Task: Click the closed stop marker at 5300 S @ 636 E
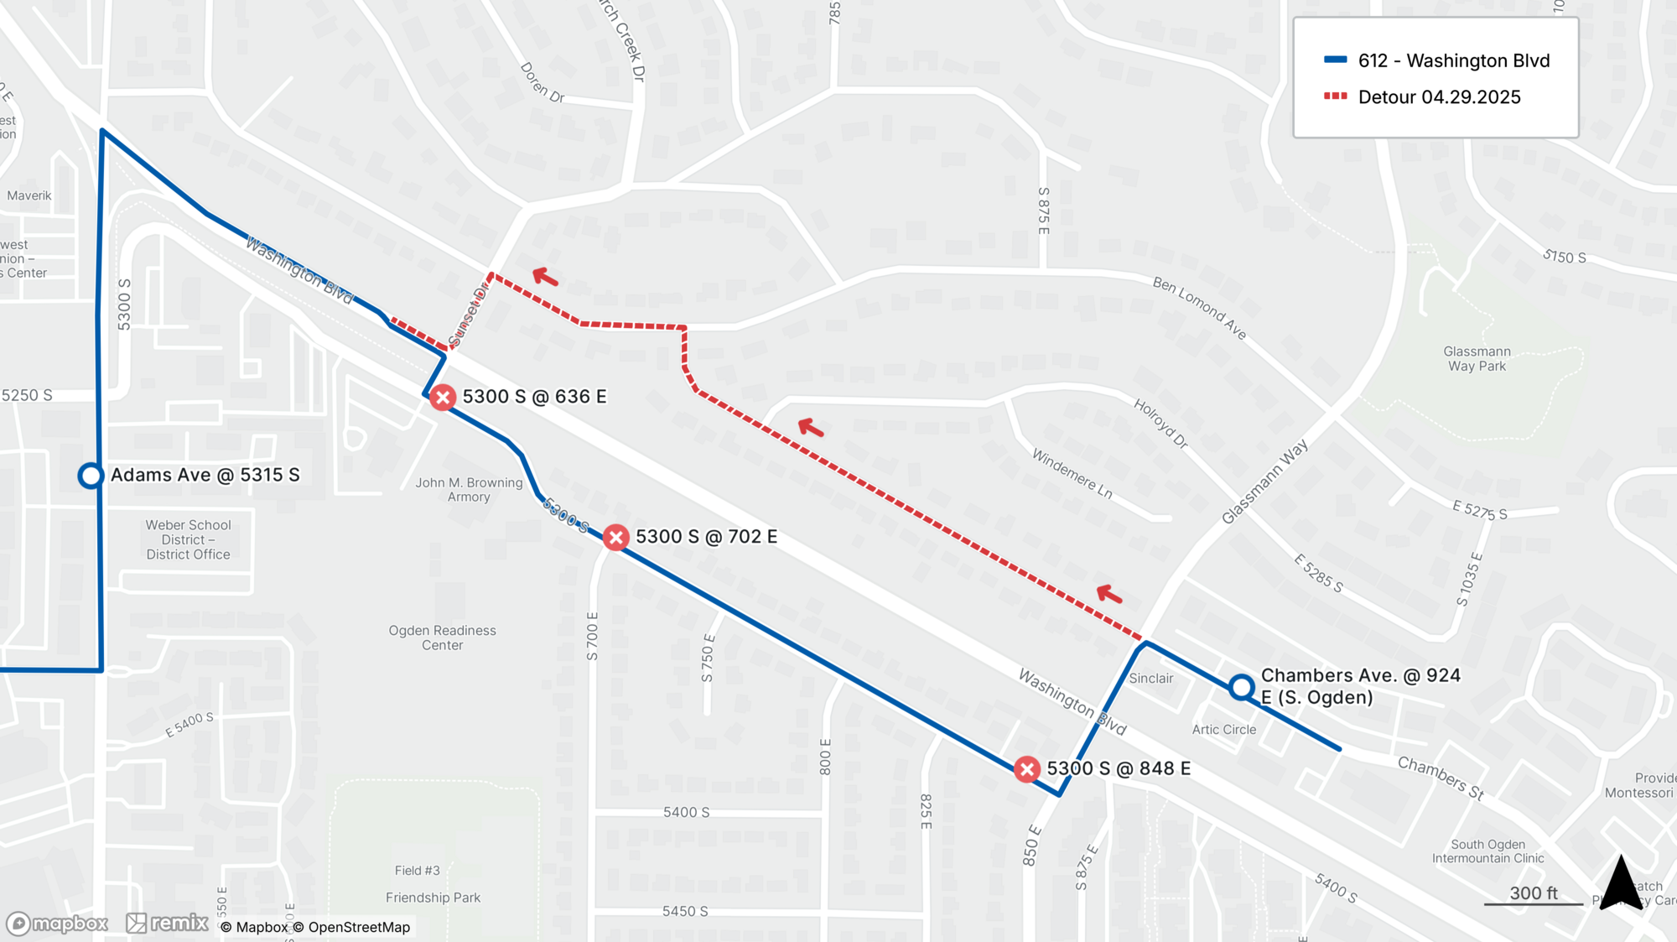click(443, 397)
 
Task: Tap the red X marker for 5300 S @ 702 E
click(616, 537)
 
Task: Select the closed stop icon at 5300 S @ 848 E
click(1026, 769)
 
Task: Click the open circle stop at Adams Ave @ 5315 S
click(91, 476)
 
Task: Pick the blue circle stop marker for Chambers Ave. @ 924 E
click(1241, 688)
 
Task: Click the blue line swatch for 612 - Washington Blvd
click(1335, 60)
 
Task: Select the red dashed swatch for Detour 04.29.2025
click(1335, 96)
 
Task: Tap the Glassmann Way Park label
click(1477, 359)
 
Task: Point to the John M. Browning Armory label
click(469, 489)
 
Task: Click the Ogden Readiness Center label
click(442, 638)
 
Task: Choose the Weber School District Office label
click(188, 539)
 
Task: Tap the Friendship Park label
click(433, 898)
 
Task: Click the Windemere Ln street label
click(1072, 474)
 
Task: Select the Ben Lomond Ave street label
click(1199, 308)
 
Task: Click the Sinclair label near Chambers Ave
click(1150, 678)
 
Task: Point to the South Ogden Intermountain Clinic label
click(1487, 851)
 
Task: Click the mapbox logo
click(57, 924)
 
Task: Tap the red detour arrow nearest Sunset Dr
click(546, 276)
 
